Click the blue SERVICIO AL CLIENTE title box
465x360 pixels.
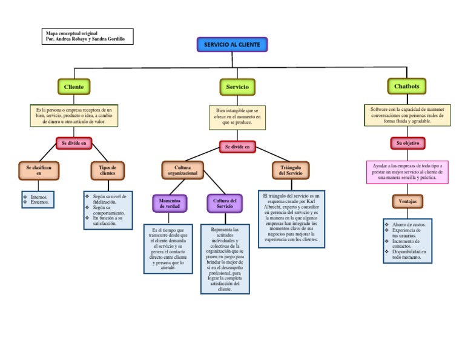click(232, 45)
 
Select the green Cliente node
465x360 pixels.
click(74, 87)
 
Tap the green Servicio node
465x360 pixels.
click(237, 87)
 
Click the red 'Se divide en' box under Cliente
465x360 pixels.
click(74, 143)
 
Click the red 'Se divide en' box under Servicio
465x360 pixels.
click(237, 147)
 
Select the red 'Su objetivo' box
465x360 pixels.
click(407, 143)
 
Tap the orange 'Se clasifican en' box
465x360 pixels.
click(39, 170)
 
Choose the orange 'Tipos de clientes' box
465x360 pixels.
click(108, 170)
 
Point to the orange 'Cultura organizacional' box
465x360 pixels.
click(182, 170)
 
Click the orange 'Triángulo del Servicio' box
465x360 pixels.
click(291, 170)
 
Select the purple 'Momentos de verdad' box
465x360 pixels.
click(170, 203)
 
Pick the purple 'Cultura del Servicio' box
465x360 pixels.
click(225, 203)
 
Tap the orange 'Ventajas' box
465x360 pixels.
click(407, 201)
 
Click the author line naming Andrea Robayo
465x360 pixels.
click(85, 39)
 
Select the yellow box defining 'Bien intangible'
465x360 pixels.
click(237, 116)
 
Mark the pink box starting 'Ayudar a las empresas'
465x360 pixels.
click(407, 171)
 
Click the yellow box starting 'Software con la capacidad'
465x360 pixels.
click(407, 115)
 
